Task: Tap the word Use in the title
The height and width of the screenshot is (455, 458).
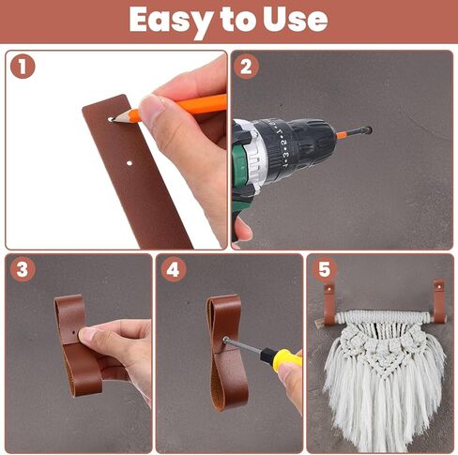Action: coord(296,19)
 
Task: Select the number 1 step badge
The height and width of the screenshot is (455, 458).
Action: coord(23,67)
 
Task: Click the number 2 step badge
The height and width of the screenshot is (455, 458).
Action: coord(246,67)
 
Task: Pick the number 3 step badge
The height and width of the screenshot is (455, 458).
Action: coord(23,269)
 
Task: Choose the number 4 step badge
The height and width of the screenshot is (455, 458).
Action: coord(174,269)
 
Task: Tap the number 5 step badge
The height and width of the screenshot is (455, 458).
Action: coord(325,269)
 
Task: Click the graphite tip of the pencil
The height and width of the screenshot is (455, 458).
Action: coord(114,119)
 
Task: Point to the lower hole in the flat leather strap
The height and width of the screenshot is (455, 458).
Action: coord(130,163)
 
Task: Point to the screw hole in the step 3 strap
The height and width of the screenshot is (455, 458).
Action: coord(74,333)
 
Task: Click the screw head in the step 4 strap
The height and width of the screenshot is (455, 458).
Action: coord(225,340)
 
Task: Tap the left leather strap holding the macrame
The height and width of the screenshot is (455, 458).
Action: coord(329,304)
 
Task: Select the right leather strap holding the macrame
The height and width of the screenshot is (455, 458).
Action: coord(438,301)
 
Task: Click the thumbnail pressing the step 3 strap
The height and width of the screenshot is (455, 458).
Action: coord(88,335)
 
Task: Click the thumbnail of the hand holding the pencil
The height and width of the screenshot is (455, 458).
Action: coord(152,106)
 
